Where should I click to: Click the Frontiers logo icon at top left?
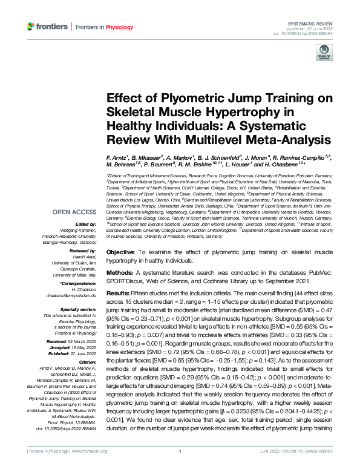coord(31,27)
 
